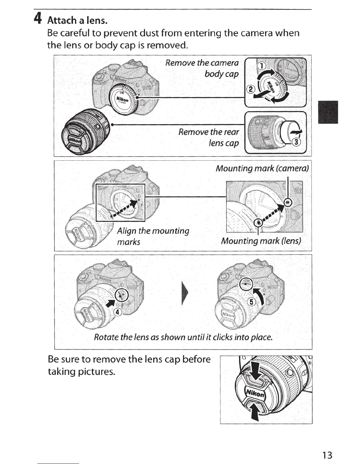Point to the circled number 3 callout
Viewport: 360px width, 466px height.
pyautogui.click(x=296, y=143)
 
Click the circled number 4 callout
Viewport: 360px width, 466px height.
pyautogui.click(x=117, y=312)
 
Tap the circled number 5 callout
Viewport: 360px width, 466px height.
pyautogui.click(x=252, y=302)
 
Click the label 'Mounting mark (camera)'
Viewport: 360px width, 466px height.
pyautogui.click(x=262, y=168)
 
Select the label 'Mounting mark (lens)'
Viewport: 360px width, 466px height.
pyautogui.click(x=261, y=241)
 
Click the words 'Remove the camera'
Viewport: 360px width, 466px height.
pyautogui.click(x=202, y=63)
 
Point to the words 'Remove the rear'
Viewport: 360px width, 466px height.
pyautogui.click(x=209, y=132)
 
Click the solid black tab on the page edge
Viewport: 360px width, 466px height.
pyautogui.click(x=328, y=112)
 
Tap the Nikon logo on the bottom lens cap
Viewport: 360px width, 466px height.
pyautogui.click(x=255, y=393)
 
